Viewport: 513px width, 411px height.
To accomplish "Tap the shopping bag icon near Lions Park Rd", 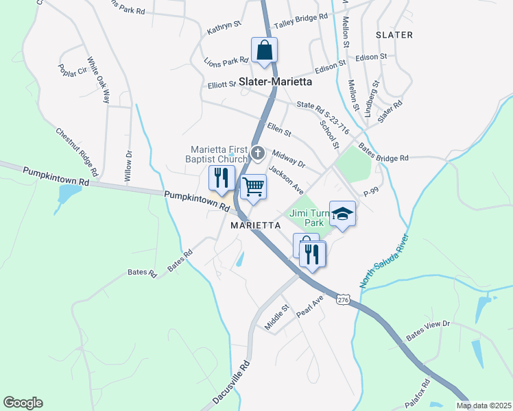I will coord(264,51).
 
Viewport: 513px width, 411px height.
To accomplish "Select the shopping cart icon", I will coord(253,186).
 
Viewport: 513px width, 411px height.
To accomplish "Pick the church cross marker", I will coord(258,153).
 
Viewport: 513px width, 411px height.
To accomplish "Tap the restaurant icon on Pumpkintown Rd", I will coord(222,178).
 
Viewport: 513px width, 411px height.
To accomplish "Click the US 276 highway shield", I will coord(344,299).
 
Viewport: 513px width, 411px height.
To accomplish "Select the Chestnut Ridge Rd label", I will coord(78,151).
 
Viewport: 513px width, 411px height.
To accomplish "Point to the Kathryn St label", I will coord(224,27).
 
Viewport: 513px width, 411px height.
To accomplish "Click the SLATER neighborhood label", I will coord(394,34).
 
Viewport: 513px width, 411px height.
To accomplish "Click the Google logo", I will coord(23,403).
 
